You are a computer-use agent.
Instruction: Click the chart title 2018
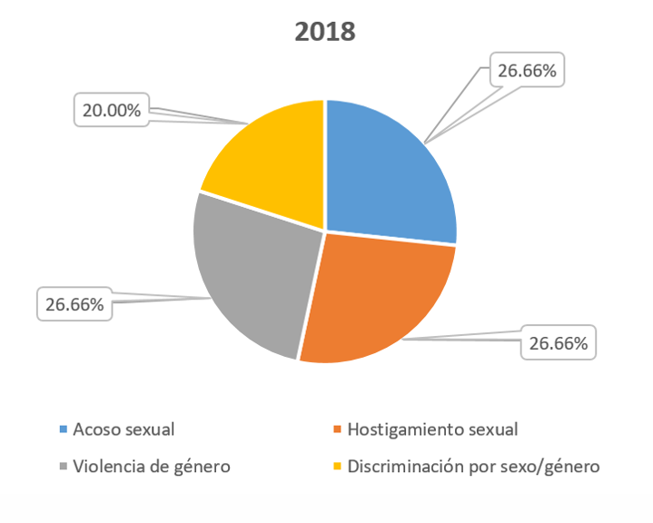(x=325, y=32)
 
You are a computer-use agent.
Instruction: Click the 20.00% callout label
(x=112, y=111)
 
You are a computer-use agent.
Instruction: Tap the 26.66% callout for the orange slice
(x=559, y=344)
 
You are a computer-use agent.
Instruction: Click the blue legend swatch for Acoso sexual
(x=63, y=429)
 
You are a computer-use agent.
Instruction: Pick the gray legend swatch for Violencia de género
(x=63, y=468)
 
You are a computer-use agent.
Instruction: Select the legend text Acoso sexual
(x=124, y=429)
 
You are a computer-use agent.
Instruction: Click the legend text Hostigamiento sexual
(x=432, y=429)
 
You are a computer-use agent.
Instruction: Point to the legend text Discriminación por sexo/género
(x=472, y=468)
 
